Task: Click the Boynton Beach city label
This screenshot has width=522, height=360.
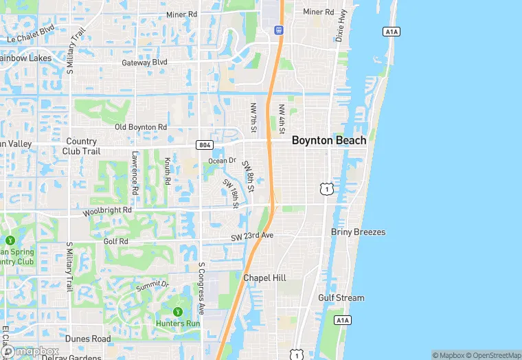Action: click(x=329, y=140)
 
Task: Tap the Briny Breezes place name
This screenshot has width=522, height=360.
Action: click(x=358, y=232)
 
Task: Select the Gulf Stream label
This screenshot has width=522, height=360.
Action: click(x=341, y=298)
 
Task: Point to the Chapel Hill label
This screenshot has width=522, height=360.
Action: click(x=264, y=278)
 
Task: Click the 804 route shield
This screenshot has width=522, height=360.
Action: click(x=203, y=145)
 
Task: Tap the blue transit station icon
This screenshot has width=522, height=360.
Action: click(x=279, y=30)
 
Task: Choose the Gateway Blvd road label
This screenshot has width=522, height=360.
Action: click(x=145, y=63)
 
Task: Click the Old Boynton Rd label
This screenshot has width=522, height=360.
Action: click(x=141, y=127)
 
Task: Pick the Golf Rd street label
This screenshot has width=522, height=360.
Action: click(x=115, y=242)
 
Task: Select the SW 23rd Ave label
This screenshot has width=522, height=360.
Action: click(x=252, y=236)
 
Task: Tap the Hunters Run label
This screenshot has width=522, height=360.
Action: click(x=178, y=324)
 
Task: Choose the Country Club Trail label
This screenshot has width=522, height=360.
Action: click(x=81, y=146)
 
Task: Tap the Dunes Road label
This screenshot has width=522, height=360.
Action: click(x=88, y=339)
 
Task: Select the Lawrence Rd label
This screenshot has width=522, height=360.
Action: click(x=136, y=172)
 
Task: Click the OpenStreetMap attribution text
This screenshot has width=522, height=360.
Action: click(x=494, y=355)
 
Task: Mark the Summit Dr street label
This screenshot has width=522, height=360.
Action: click(x=152, y=284)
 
